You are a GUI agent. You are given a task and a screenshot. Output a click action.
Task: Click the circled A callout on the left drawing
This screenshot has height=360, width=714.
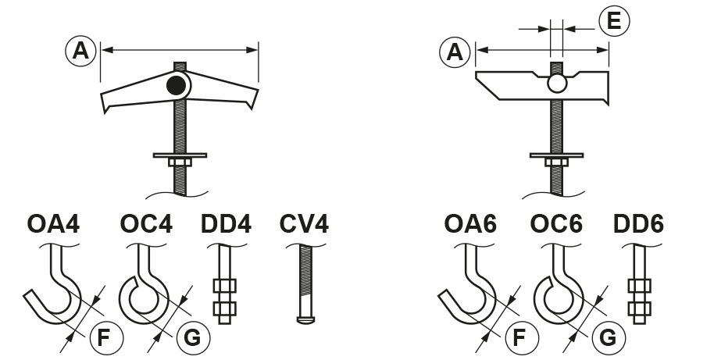80,51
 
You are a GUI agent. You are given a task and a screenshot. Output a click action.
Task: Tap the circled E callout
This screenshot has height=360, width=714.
613,21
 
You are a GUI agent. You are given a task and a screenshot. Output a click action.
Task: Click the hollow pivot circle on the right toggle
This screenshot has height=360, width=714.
556,84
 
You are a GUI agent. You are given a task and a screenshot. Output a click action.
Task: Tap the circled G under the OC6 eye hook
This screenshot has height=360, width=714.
607,337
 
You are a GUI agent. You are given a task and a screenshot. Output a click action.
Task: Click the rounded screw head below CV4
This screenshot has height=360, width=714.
304,319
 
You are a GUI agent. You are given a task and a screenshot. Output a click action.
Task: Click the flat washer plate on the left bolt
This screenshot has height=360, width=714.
180,155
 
